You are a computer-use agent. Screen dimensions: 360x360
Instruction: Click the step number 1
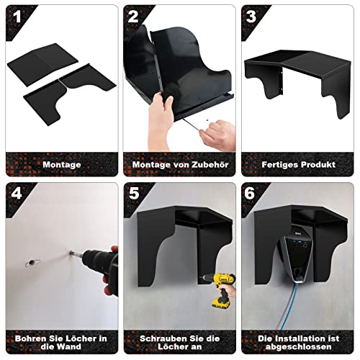[17, 17]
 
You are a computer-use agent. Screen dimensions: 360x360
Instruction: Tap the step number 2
[133, 17]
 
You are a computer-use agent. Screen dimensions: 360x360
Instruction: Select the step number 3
[251, 17]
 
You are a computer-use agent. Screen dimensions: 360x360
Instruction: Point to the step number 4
[17, 193]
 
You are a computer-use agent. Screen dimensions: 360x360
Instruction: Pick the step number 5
[134, 193]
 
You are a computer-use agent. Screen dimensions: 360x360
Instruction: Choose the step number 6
[250, 193]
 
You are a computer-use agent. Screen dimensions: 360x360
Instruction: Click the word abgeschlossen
[298, 347]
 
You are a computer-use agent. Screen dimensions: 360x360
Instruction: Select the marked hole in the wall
[32, 263]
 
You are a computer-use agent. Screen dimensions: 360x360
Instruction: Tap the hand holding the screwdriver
[218, 135]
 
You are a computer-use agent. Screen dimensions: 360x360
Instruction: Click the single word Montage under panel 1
[62, 165]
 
